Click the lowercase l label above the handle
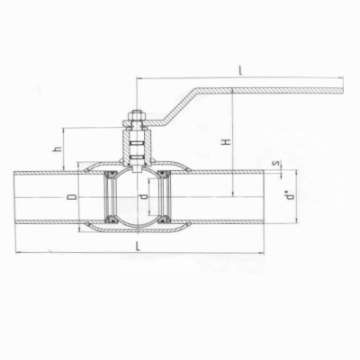(x=241, y=69)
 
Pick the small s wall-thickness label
(x=286, y=166)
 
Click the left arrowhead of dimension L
(x=18, y=253)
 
